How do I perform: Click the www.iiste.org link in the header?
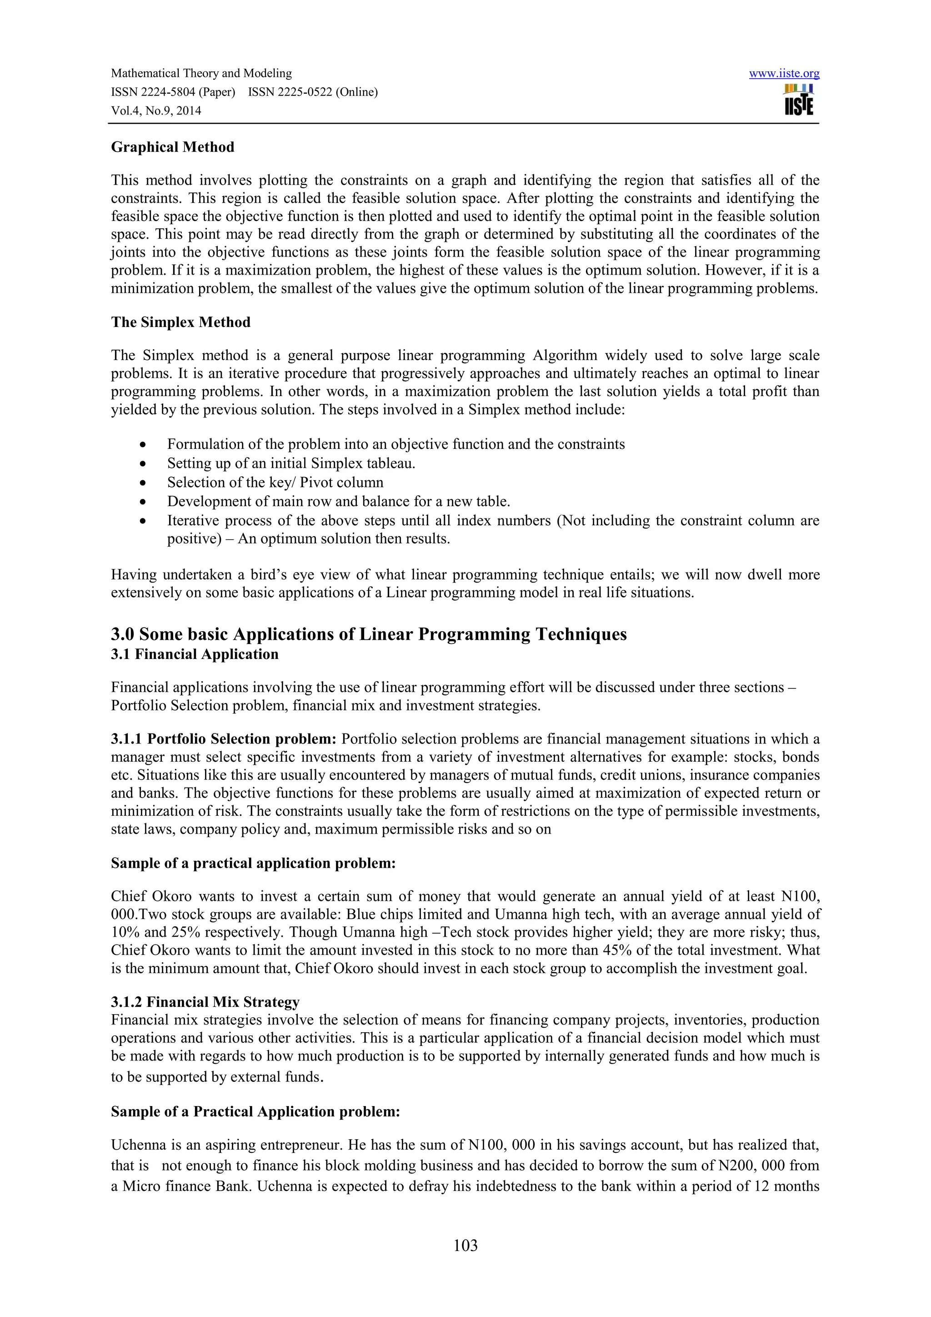tap(784, 73)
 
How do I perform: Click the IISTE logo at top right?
tap(799, 100)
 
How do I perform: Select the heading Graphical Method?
tap(173, 147)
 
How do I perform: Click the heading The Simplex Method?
tap(180, 322)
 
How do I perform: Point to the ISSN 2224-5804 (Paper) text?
tap(173, 92)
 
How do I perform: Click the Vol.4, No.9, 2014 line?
tap(156, 111)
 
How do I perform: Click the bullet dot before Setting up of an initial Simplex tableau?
tap(143, 463)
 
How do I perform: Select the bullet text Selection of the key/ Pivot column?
tap(275, 483)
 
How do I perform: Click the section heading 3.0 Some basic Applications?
tap(369, 634)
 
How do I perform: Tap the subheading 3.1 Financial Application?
tap(195, 654)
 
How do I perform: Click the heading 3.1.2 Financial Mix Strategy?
tap(205, 1002)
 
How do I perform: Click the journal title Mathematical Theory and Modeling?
tap(201, 73)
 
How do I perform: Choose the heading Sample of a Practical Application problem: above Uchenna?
tap(255, 1111)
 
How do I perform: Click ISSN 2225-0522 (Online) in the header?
tap(313, 92)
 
